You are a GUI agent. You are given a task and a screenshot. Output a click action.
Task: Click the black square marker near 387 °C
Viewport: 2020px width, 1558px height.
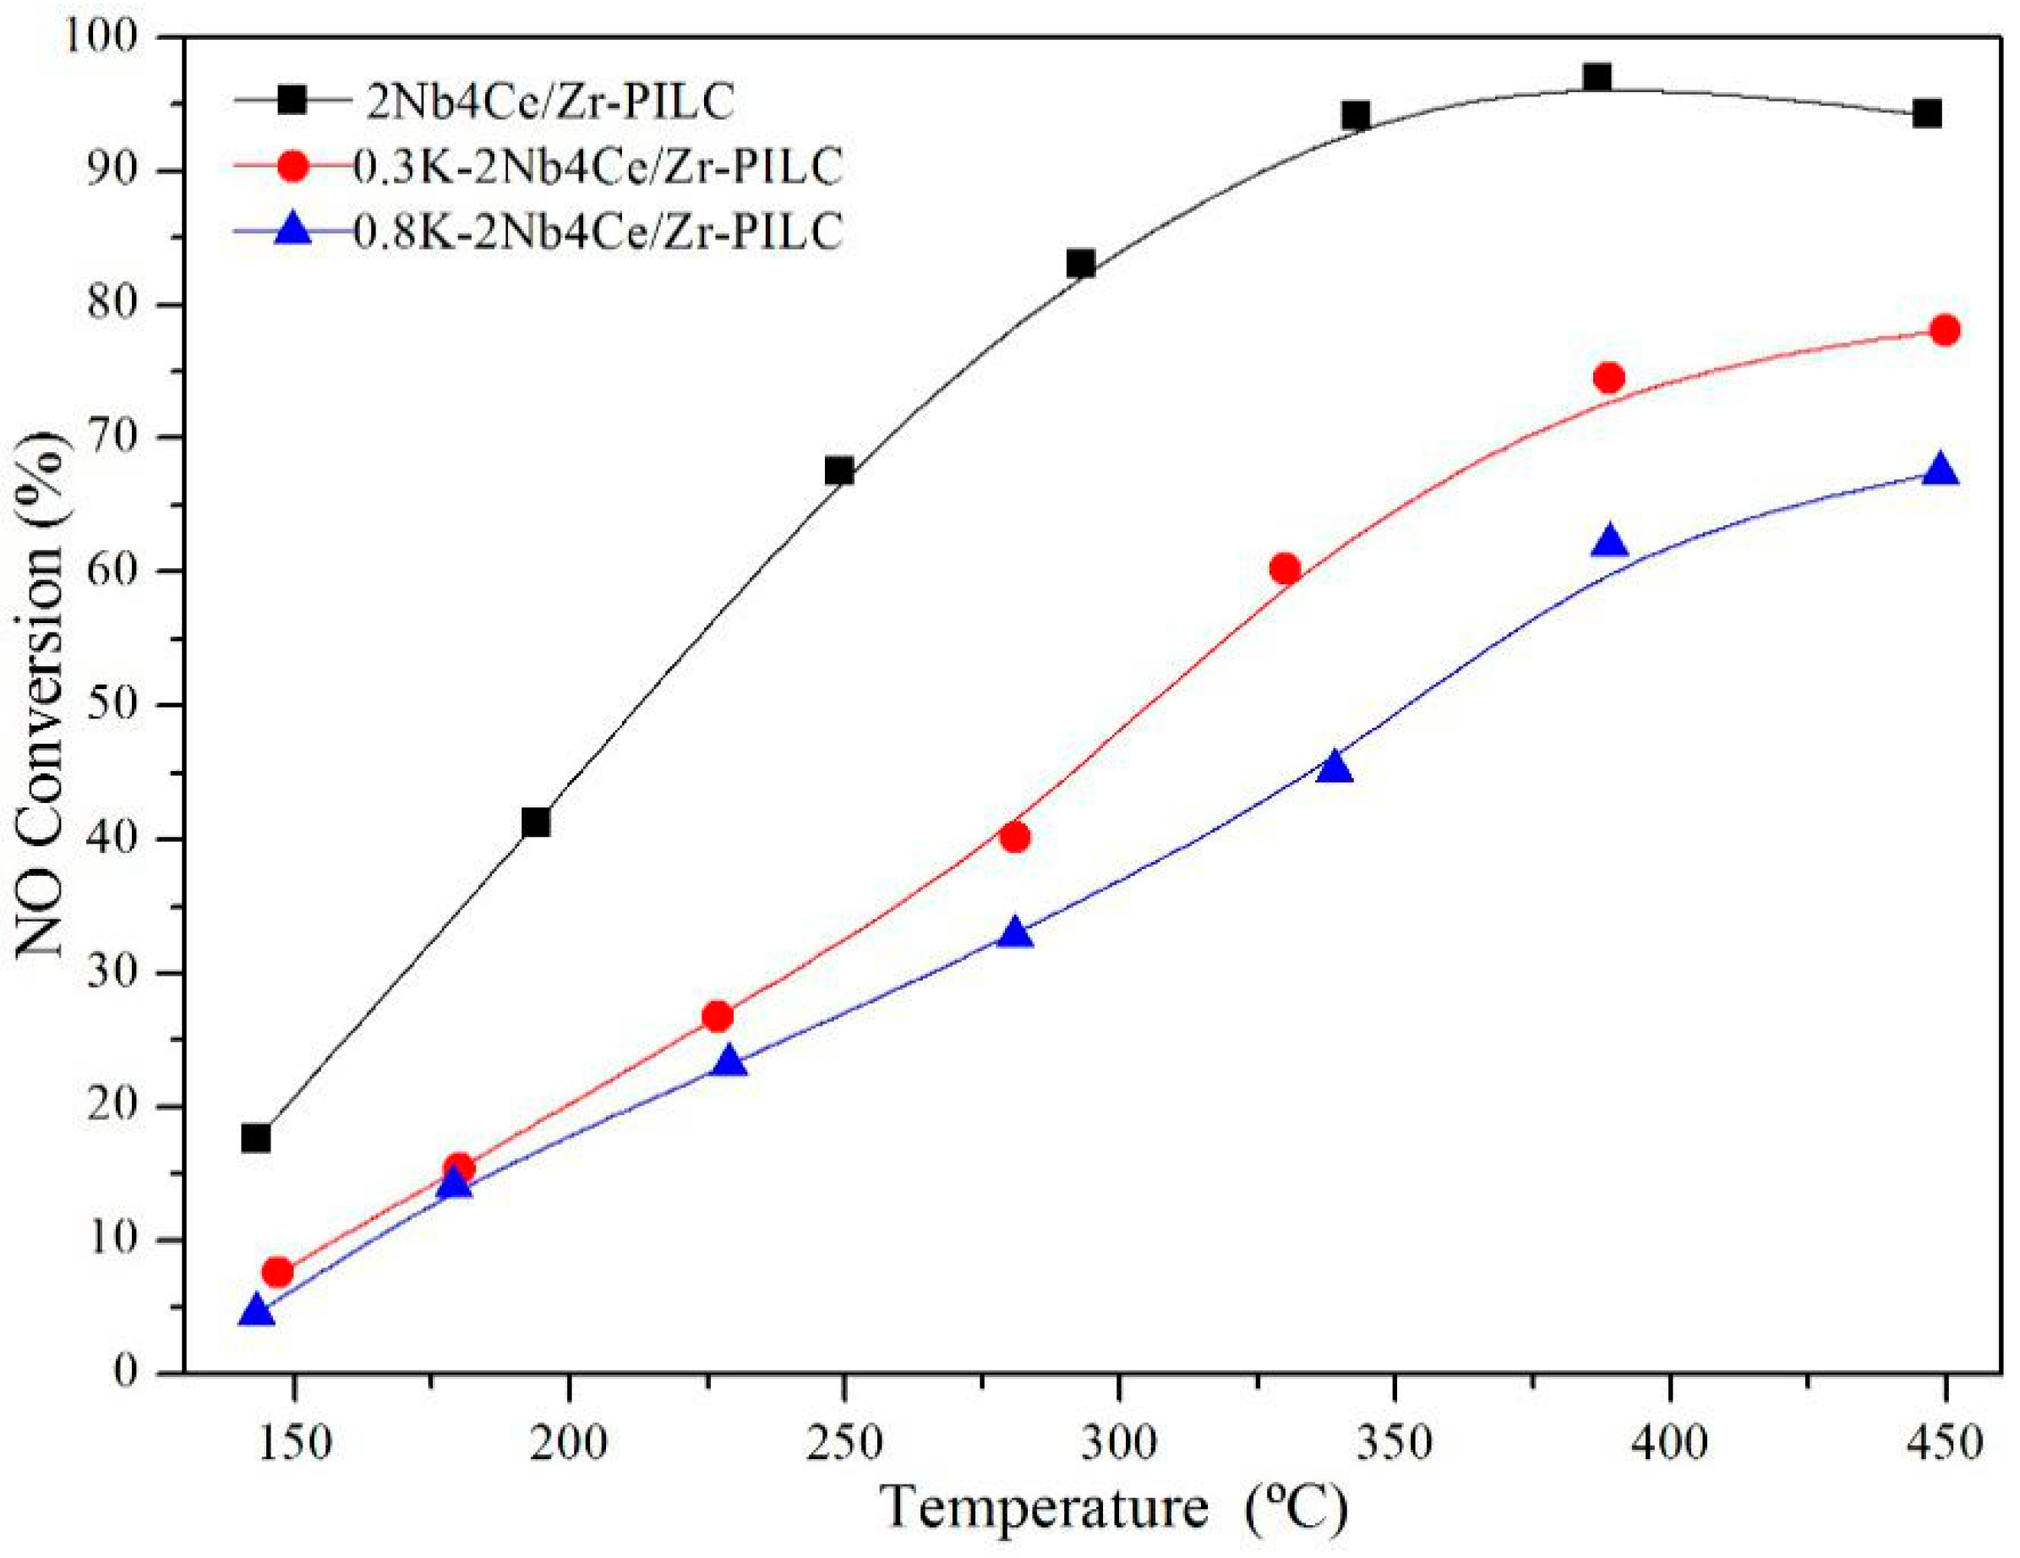click(x=1597, y=78)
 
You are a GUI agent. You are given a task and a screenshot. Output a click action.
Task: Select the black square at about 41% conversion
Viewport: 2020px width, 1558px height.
click(x=536, y=822)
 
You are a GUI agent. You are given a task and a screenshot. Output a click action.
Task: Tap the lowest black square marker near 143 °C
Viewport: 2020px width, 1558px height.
click(x=256, y=1138)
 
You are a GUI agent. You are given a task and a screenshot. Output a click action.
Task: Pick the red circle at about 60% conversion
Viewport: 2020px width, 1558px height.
click(x=1285, y=569)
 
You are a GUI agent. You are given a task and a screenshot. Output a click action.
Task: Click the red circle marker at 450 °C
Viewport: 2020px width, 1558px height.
click(x=1944, y=331)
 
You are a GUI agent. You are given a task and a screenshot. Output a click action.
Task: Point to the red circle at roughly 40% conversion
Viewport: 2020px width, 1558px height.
click(x=1014, y=837)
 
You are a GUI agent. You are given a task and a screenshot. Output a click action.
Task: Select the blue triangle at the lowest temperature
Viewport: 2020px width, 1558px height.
click(x=256, y=1311)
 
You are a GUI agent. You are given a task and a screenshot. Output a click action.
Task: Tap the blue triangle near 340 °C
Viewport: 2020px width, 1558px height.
click(x=1334, y=767)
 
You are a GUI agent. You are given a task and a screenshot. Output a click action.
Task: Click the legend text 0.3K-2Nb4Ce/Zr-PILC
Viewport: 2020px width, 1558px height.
click(x=598, y=167)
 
